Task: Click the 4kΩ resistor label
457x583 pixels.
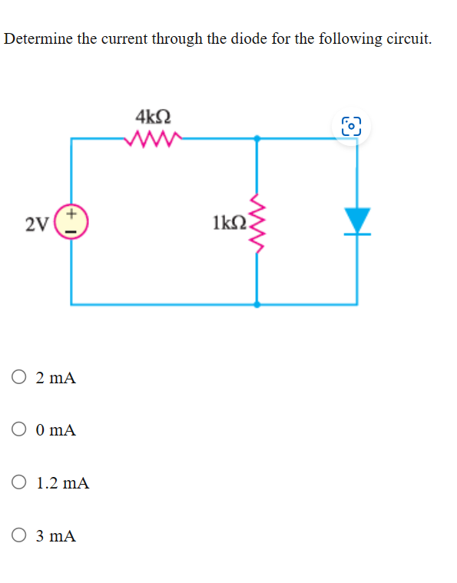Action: point(153,118)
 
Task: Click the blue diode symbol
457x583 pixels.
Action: point(356,220)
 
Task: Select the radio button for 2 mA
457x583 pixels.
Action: point(20,378)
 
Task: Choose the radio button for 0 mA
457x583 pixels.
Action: point(20,430)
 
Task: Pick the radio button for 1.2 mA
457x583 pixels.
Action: point(20,483)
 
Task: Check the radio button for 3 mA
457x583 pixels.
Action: point(20,535)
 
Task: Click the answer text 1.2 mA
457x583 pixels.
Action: point(63,483)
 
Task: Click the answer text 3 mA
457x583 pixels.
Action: point(56,535)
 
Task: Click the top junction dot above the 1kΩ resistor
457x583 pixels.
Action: point(257,139)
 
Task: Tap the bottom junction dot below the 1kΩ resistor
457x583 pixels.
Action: point(257,304)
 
